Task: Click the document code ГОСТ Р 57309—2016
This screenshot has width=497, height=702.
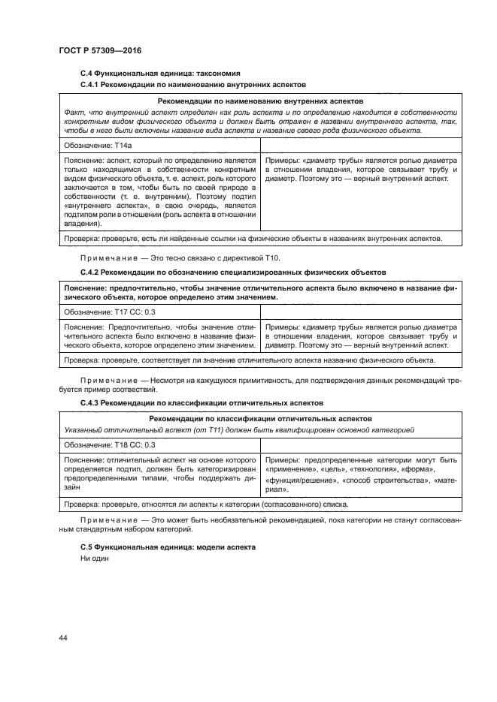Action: point(99,50)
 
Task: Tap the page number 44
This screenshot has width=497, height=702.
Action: point(63,637)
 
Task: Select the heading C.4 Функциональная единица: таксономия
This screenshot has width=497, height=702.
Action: point(160,74)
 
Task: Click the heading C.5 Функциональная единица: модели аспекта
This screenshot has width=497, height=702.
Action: point(168,547)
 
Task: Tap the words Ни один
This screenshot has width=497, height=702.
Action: point(95,559)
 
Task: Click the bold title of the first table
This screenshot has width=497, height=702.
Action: point(260,100)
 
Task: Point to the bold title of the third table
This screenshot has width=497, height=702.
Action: point(260,417)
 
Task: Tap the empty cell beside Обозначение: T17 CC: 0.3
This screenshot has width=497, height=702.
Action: point(361,311)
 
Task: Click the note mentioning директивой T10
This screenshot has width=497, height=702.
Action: point(184,258)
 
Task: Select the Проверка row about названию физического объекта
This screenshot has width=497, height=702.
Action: point(250,360)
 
